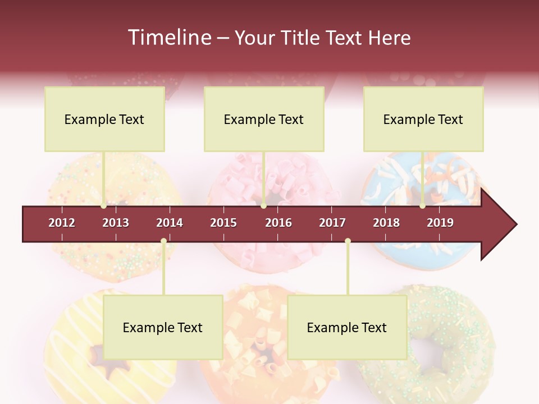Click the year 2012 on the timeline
[62, 223]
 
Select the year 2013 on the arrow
[116, 223]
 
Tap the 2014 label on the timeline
[170, 223]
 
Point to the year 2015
[223, 223]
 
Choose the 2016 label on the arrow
[278, 223]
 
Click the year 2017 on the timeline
[332, 223]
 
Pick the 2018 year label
[386, 223]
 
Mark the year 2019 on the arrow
[440, 223]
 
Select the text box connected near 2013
[104, 119]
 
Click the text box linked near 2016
[264, 119]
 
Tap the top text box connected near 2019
[423, 119]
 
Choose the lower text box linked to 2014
[163, 327]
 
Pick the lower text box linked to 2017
[347, 327]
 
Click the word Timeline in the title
[168, 38]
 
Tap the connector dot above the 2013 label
[104, 206]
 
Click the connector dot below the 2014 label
[163, 241]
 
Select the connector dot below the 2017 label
[348, 241]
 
